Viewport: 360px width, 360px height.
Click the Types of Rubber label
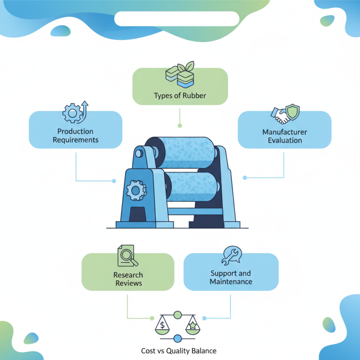pyautogui.click(x=180, y=95)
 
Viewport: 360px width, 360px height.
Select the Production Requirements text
pyautogui.click(x=76, y=135)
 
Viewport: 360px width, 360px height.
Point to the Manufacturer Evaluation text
pyautogui.click(x=284, y=136)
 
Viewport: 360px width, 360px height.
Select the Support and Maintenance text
pyautogui.click(x=231, y=278)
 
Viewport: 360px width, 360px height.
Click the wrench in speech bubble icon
pyautogui.click(x=231, y=255)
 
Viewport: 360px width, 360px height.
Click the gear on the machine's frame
pyautogui.click(x=135, y=190)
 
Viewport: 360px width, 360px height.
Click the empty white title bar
pyautogui.click(x=176, y=19)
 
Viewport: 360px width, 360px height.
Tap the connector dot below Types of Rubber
pyautogui.click(x=180, y=126)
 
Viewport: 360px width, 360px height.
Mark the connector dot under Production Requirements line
pyautogui.click(x=114, y=181)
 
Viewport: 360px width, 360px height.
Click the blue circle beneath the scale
pyautogui.click(x=177, y=338)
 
